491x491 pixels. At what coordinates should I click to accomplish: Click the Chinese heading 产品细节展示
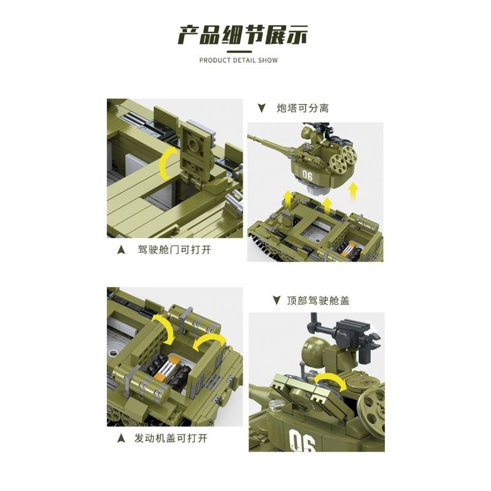click(x=242, y=35)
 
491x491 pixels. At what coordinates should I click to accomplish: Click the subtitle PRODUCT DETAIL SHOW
click(x=239, y=60)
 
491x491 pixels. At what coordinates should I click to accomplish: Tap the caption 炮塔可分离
click(x=303, y=108)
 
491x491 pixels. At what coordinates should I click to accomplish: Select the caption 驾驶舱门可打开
click(x=178, y=250)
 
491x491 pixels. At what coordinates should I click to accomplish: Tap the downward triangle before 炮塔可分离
click(x=261, y=109)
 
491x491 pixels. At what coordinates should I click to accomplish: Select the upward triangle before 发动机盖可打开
click(x=121, y=439)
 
